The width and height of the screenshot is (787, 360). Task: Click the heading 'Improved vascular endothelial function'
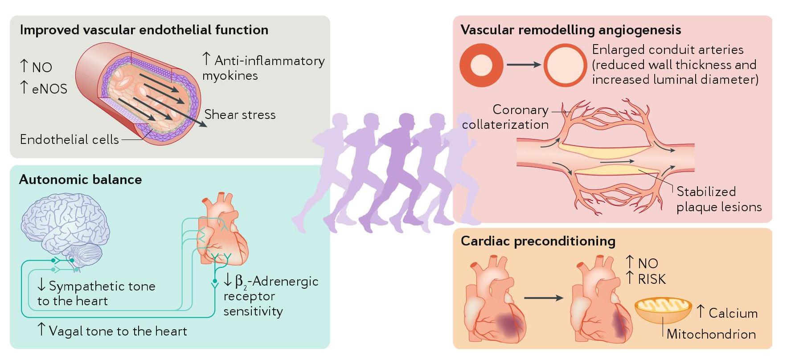point(144,30)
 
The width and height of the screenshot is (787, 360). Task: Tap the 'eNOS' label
point(49,89)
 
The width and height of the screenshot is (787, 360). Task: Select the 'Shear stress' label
point(240,115)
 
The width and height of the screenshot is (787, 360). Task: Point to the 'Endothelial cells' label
point(70,139)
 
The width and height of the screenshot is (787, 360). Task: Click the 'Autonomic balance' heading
point(81,180)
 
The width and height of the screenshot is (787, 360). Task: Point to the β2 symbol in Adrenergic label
point(241,282)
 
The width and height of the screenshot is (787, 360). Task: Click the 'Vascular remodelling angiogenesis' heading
point(570,30)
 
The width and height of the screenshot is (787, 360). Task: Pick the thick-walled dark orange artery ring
point(481,65)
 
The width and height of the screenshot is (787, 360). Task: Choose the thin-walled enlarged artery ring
point(565,65)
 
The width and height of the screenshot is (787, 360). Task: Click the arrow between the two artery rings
point(523,65)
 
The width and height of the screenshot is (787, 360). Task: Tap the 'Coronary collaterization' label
point(506,117)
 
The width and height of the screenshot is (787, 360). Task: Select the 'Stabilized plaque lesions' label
point(718,199)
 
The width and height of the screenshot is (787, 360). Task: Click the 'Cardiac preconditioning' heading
point(538,241)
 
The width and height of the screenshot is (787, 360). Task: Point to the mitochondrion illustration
point(663,309)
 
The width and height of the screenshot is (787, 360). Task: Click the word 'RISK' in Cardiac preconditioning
point(652,279)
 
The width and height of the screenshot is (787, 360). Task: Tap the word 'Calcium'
point(733,313)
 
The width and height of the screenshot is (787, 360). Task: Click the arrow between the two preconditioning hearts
point(544,298)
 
